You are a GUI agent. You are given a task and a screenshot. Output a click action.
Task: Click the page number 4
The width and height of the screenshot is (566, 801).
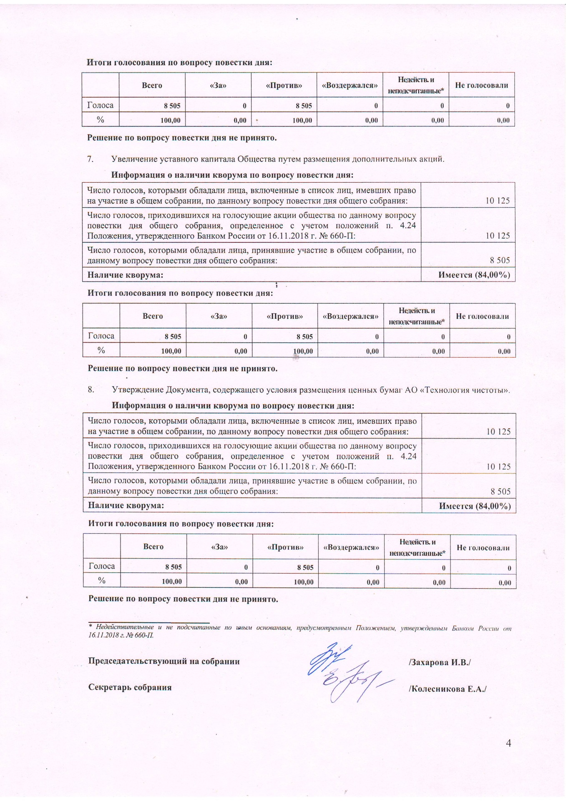pyautogui.click(x=508, y=743)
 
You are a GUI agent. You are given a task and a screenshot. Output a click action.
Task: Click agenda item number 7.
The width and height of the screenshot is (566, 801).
pyautogui.click(x=89, y=159)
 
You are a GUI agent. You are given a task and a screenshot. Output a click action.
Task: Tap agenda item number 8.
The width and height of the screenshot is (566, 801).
pyautogui.click(x=90, y=390)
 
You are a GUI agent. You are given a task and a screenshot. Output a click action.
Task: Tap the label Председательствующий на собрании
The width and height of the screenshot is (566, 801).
pyautogui.click(x=164, y=661)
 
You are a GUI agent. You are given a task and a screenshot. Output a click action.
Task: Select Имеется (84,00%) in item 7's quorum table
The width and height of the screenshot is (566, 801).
pyautogui.click(x=474, y=275)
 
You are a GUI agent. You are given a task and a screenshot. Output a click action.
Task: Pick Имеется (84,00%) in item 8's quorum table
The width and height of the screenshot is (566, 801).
pyautogui.click(x=475, y=506)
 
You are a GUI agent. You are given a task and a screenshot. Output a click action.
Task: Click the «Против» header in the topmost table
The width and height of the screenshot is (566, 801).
pyautogui.click(x=284, y=86)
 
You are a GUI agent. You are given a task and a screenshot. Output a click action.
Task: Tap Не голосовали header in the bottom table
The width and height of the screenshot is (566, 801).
pyautogui.click(x=483, y=547)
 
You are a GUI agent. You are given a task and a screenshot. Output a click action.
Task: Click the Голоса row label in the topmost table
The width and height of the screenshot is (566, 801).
pyautogui.click(x=100, y=106)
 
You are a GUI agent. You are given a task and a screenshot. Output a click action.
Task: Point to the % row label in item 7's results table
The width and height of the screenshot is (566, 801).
pyautogui.click(x=101, y=350)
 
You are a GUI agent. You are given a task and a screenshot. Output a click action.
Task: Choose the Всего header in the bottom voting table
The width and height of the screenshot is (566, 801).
pyautogui.click(x=153, y=547)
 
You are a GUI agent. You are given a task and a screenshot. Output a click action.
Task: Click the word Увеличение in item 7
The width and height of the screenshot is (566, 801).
pyautogui.click(x=131, y=159)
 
